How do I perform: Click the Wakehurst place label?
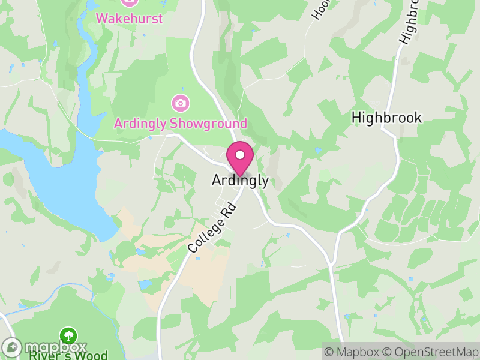pyautogui.click(x=129, y=18)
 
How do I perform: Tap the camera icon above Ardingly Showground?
pyautogui.click(x=180, y=103)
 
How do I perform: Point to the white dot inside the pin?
pyautogui.click(x=240, y=155)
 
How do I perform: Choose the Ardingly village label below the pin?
pyautogui.click(x=240, y=180)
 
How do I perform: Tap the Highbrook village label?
pyautogui.click(x=387, y=118)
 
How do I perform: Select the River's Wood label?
pyautogui.click(x=68, y=355)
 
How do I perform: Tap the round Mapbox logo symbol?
pyautogui.click(x=12, y=347)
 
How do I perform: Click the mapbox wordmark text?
pyautogui.click(x=55, y=347)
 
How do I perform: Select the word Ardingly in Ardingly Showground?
pyautogui.click(x=141, y=124)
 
